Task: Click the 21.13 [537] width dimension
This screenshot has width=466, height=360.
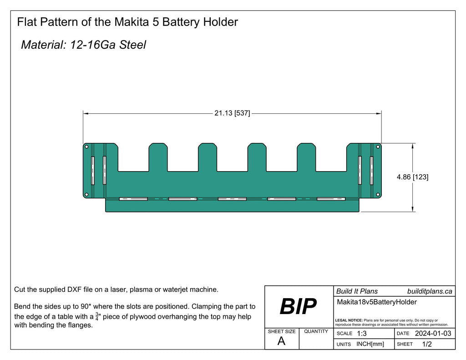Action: click(x=232, y=113)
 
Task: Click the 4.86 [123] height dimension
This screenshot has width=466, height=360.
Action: click(x=412, y=177)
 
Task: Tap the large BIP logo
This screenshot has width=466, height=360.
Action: click(x=298, y=307)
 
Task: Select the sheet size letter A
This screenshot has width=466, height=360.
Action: click(x=281, y=342)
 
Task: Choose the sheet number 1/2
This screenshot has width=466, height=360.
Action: click(x=427, y=345)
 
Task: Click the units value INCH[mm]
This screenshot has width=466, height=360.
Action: click(x=370, y=345)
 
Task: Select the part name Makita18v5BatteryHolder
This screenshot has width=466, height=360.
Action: click(x=377, y=302)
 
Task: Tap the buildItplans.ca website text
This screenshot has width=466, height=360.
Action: click(x=429, y=291)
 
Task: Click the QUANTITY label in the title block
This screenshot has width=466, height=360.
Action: click(x=316, y=331)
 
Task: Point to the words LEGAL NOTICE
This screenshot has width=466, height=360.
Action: click(x=348, y=320)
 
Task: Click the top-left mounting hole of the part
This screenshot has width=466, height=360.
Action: click(x=86, y=147)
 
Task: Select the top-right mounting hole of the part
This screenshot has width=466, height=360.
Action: click(x=378, y=147)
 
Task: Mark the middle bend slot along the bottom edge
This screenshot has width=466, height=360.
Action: click(x=232, y=199)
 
